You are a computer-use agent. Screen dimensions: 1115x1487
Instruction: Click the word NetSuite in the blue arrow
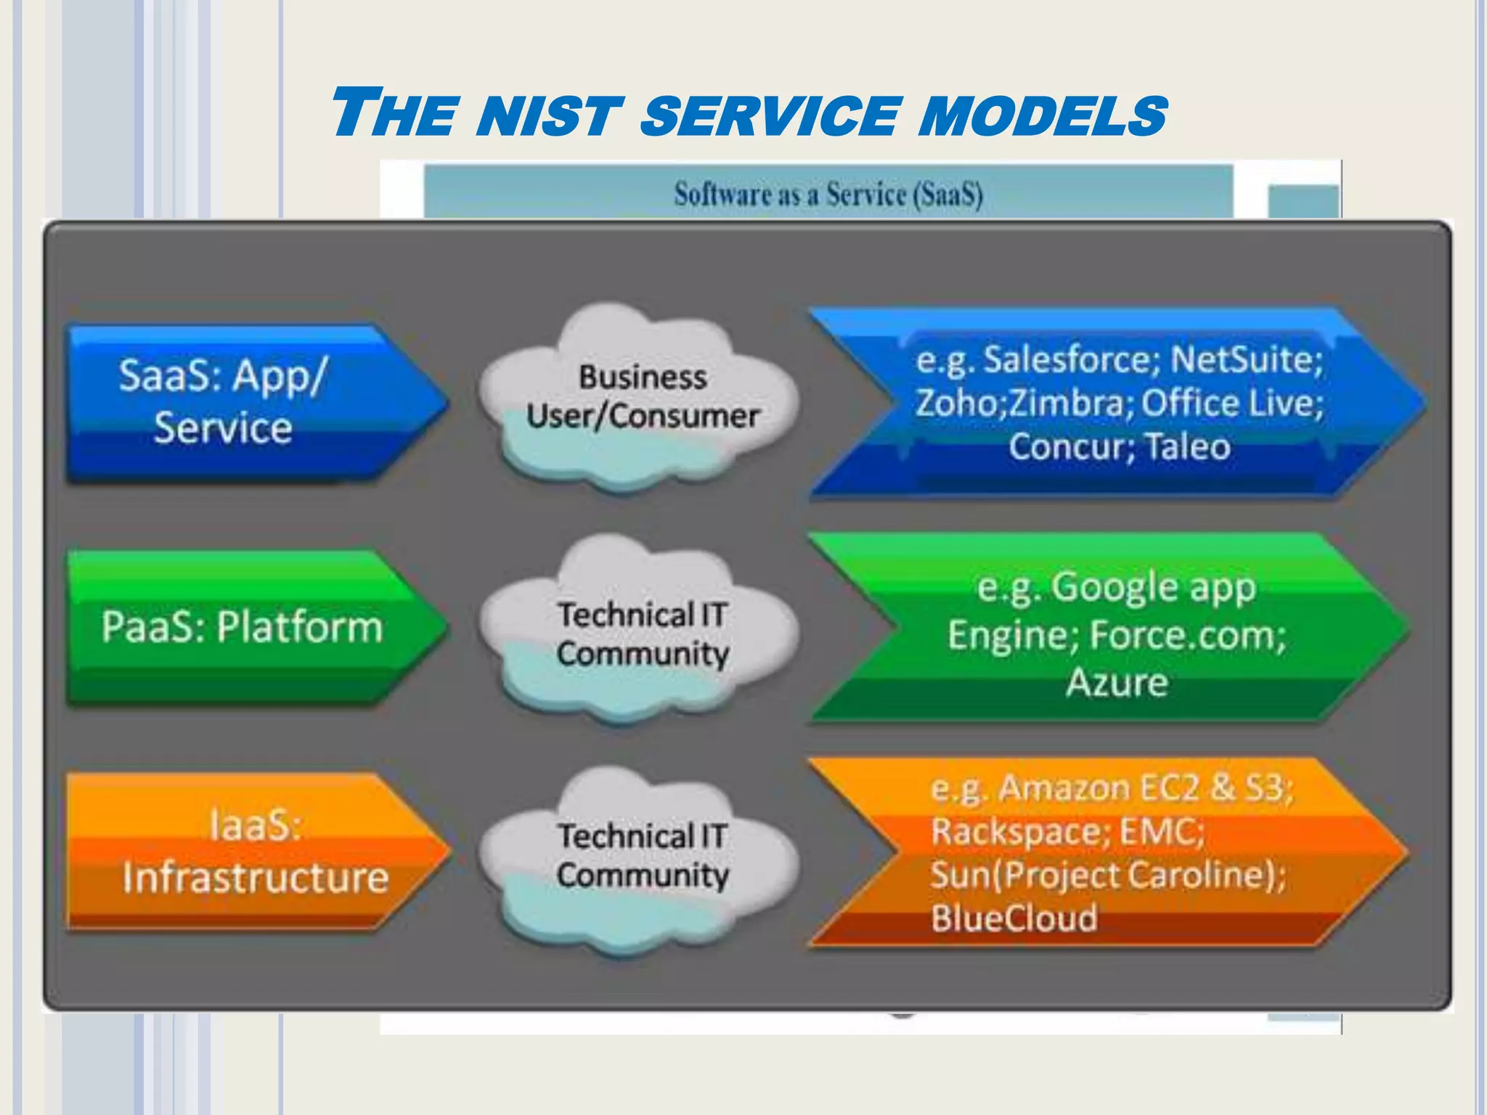pos(1246,359)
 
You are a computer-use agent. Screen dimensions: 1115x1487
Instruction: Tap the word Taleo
pos(1188,446)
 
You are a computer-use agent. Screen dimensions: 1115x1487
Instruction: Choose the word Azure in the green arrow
pos(1117,682)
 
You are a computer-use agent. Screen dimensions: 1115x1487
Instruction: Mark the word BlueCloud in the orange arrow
pos(1014,918)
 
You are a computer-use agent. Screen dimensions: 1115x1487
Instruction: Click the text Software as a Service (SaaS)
pos(828,195)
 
